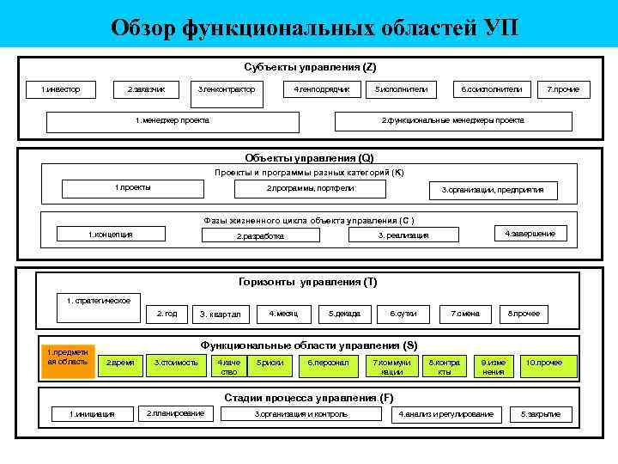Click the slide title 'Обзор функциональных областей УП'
pos(314,27)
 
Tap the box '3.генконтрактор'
pos(226,89)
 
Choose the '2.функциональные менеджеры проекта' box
pos(452,120)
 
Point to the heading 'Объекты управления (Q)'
pos(309,158)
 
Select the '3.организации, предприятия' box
pos(486,189)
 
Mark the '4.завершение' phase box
pos(530,234)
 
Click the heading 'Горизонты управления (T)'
pos(307,282)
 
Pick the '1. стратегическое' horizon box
pos(99,301)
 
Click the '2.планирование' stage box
pos(175,413)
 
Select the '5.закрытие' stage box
pos(540,414)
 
